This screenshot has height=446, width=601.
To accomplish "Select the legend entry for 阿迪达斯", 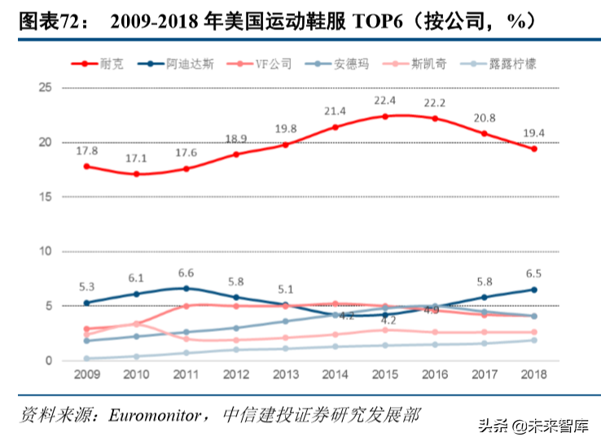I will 187,63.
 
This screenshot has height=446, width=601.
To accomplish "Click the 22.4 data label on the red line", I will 385,101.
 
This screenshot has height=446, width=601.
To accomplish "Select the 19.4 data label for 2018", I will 534,133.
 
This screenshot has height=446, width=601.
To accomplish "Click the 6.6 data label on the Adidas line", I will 186,273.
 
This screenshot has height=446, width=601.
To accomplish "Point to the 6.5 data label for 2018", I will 534,274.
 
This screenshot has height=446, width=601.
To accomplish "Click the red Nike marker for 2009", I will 87,166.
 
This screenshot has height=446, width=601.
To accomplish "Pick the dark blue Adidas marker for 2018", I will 534,290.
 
